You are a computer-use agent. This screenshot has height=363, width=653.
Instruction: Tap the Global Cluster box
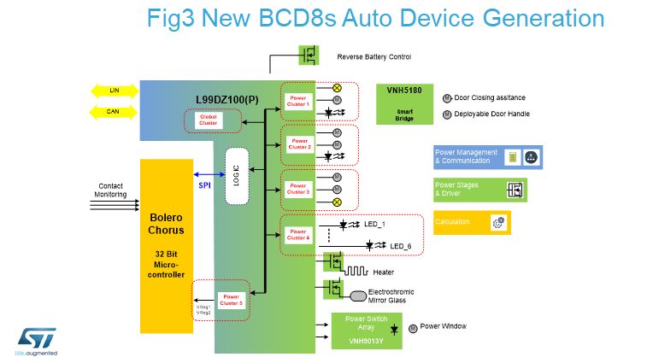pos(209,120)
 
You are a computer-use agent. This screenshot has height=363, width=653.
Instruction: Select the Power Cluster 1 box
pos(299,101)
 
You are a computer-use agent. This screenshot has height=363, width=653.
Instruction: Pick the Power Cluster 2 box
pos(299,143)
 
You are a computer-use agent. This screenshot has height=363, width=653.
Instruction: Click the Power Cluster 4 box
pos(299,232)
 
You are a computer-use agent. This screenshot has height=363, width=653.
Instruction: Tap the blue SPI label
pos(205,184)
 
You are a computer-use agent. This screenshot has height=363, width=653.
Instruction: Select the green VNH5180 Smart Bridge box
pos(404,104)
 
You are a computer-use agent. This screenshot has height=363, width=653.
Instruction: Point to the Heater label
pos(384,272)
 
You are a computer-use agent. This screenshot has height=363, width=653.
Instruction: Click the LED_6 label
pos(401,246)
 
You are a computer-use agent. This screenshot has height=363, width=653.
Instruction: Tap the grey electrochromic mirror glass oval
pos(358,296)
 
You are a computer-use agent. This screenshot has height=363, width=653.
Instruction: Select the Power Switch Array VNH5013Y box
pos(366,329)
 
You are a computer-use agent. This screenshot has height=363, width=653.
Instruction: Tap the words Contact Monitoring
pos(111,190)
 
